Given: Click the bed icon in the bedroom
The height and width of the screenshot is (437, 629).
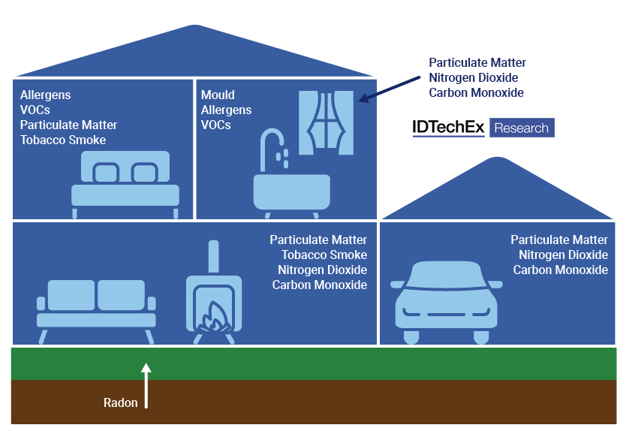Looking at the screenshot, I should pyautogui.click(x=125, y=183).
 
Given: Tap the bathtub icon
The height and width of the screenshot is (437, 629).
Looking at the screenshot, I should pyautogui.click(x=291, y=192).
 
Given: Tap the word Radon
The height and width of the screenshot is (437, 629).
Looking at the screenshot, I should pyautogui.click(x=121, y=403).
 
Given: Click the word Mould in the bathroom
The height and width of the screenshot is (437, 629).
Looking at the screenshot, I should pyautogui.click(x=218, y=95).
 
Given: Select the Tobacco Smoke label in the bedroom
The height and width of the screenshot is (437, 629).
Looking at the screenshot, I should pyautogui.click(x=63, y=140).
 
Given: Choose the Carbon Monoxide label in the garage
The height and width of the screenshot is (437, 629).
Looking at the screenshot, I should pyautogui.click(x=561, y=270).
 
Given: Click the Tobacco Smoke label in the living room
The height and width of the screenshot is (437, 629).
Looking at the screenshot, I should pyautogui.click(x=324, y=255).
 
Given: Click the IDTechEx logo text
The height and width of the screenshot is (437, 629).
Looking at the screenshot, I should pyautogui.click(x=448, y=128).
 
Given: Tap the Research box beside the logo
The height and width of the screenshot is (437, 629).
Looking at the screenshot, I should pyautogui.click(x=522, y=128).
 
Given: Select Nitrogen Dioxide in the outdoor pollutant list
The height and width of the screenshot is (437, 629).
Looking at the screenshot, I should pyautogui.click(x=474, y=78).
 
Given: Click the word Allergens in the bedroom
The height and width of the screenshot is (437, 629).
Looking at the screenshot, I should pyautogui.click(x=46, y=95).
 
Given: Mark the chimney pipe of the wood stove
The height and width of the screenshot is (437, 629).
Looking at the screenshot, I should pyautogui.click(x=214, y=258).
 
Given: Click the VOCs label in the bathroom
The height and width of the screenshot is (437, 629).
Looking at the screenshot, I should pyautogui.click(x=216, y=125).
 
